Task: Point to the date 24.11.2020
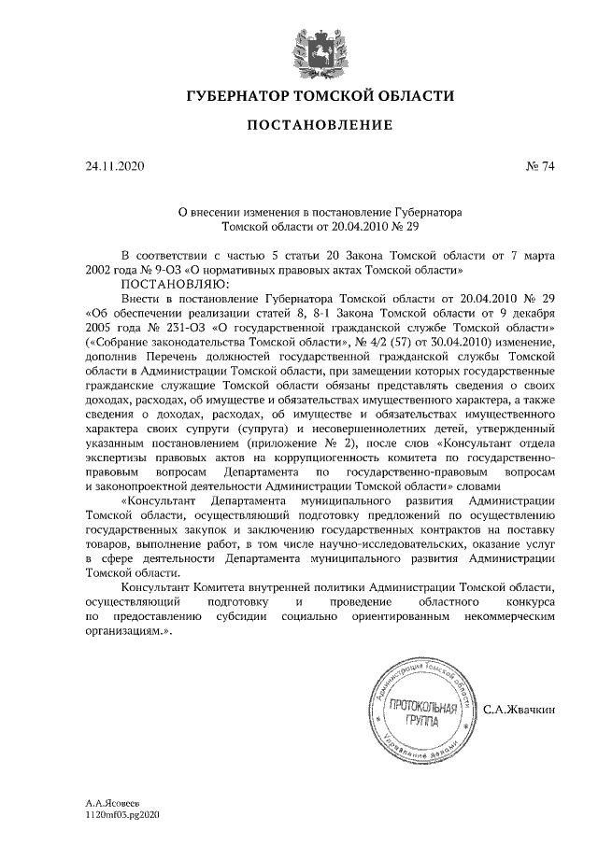pos(116,167)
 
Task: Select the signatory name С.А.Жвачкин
pos(519,711)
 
